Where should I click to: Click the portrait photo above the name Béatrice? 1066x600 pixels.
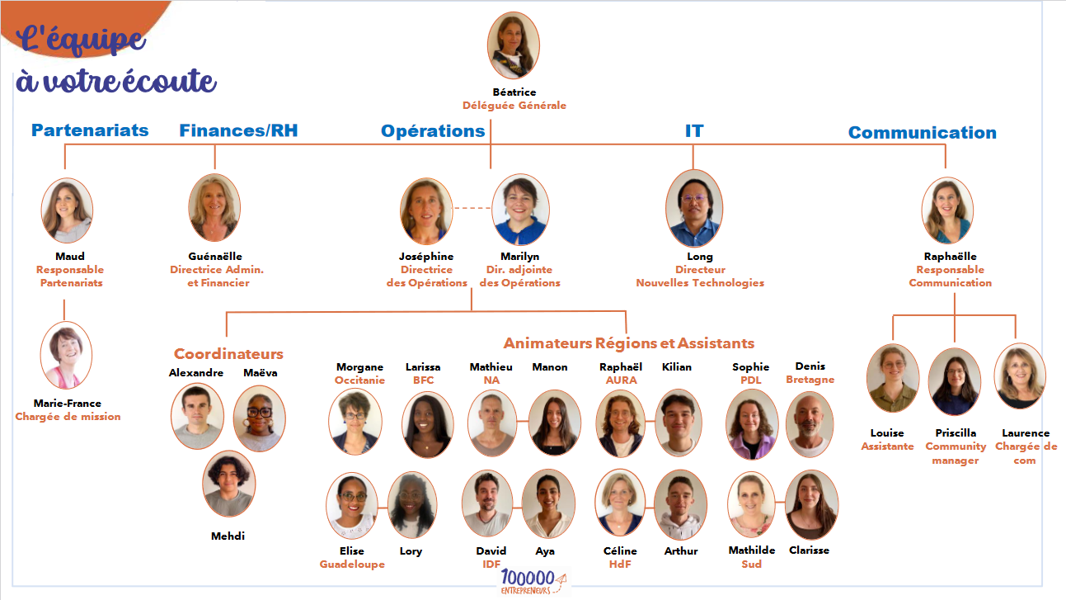click(514, 45)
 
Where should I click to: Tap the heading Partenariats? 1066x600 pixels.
click(90, 130)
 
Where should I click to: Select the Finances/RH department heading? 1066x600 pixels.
click(238, 130)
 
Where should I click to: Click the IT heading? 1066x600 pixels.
click(694, 130)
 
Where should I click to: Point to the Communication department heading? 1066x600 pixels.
click(923, 133)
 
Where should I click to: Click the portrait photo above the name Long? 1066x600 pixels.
click(694, 208)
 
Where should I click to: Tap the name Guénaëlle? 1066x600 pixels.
click(215, 257)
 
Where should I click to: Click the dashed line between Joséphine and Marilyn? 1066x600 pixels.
click(472, 208)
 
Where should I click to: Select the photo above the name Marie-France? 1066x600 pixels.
click(66, 355)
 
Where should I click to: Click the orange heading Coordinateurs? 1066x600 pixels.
click(228, 353)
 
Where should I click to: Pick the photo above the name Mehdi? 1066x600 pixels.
click(229, 484)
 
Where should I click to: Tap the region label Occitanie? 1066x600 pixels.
click(359, 380)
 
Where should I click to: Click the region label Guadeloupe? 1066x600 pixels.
click(352, 565)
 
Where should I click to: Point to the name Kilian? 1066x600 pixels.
click(677, 367)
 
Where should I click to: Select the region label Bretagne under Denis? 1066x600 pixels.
click(810, 380)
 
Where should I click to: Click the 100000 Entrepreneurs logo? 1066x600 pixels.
click(533, 582)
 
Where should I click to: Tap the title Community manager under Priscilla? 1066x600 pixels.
click(956, 453)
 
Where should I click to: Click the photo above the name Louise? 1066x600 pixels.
click(893, 377)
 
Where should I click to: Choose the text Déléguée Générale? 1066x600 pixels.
click(514, 106)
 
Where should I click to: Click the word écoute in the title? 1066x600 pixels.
click(170, 80)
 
